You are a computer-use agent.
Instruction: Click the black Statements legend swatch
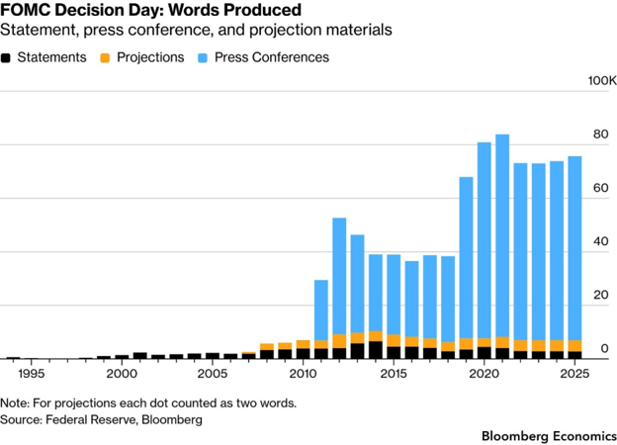click(x=6, y=58)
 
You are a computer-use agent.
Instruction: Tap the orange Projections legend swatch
click(x=105, y=58)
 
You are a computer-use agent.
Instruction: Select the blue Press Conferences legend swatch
click(x=203, y=58)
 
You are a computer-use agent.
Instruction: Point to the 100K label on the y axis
click(x=602, y=81)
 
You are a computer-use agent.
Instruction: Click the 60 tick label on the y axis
click(x=601, y=188)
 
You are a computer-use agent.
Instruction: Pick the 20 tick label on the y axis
click(x=601, y=295)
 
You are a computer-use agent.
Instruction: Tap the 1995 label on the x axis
click(x=31, y=374)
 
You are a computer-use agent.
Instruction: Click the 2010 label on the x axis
click(x=303, y=374)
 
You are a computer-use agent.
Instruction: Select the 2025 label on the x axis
click(x=574, y=374)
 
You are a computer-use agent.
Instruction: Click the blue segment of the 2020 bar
click(x=485, y=240)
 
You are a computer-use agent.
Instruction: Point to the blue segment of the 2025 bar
click(x=574, y=248)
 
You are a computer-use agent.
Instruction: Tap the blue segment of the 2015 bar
click(x=394, y=295)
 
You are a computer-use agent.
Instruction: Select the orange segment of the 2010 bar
click(x=303, y=344)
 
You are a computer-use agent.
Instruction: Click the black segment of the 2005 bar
click(x=213, y=356)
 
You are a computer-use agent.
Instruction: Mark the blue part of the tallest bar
click(x=502, y=235)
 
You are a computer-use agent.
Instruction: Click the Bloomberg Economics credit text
click(x=549, y=436)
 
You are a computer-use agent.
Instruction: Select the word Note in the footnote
click(x=14, y=402)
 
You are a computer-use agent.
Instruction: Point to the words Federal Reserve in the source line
click(x=91, y=419)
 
